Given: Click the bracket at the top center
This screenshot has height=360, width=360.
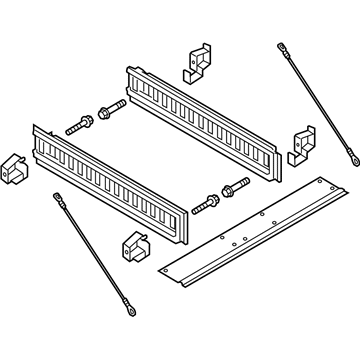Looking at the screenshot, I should point(198,61).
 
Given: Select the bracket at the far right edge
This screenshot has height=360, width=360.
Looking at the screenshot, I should point(301,145).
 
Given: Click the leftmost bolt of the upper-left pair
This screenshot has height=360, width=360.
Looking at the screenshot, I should point(77,128).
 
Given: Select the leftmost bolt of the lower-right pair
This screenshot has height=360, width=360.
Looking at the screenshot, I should point(206,204).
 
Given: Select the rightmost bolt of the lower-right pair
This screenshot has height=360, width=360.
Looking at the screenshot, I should point(236,186).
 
